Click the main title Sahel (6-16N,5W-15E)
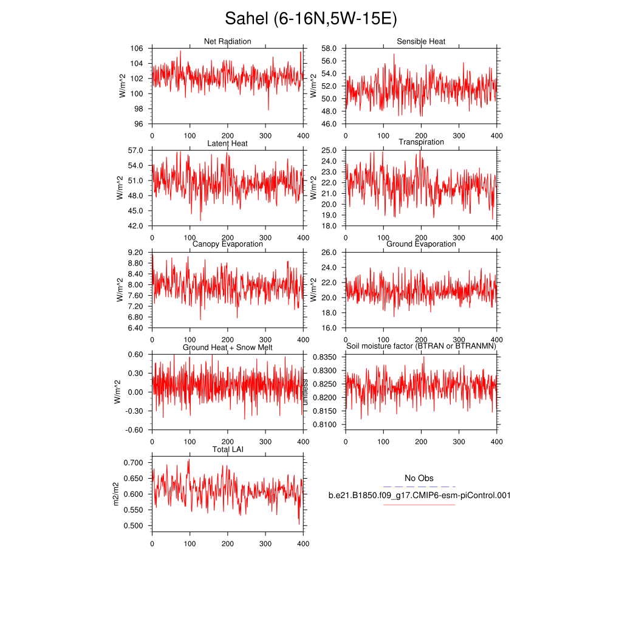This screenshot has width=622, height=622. tap(310, 19)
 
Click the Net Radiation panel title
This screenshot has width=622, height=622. tap(227, 41)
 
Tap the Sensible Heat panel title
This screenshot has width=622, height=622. tap(421, 41)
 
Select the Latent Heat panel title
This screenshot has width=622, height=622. tap(227, 143)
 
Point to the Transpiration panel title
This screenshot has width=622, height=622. tap(421, 142)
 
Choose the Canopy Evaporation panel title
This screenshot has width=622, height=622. tap(227, 244)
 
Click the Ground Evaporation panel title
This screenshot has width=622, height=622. tap(421, 244)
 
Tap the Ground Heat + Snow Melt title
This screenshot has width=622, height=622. tap(227, 347)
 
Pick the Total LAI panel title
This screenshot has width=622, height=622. tap(227, 449)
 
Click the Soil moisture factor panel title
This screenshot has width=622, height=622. tap(421, 346)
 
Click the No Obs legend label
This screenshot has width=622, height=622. tap(419, 478)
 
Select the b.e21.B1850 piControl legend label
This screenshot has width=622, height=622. tap(419, 496)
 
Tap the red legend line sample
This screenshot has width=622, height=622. tap(419, 504)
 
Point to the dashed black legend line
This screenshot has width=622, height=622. tap(419, 487)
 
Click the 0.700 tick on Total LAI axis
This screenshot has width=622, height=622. tap(134, 463)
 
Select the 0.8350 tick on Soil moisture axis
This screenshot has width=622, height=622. tap(325, 357)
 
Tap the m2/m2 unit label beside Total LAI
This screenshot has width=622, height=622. tap(125, 494)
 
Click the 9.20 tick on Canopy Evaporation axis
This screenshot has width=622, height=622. tap(135, 253)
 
